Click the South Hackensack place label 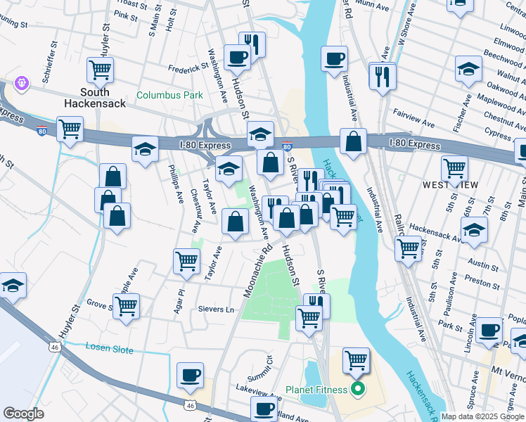coord(94,98)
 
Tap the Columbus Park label coord(169,95)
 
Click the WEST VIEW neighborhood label coord(451,184)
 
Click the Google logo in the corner coord(23,414)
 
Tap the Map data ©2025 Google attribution coord(483,416)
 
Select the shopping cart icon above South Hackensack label coord(101,70)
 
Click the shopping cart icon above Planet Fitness coord(357,361)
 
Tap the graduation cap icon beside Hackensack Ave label coord(474,230)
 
